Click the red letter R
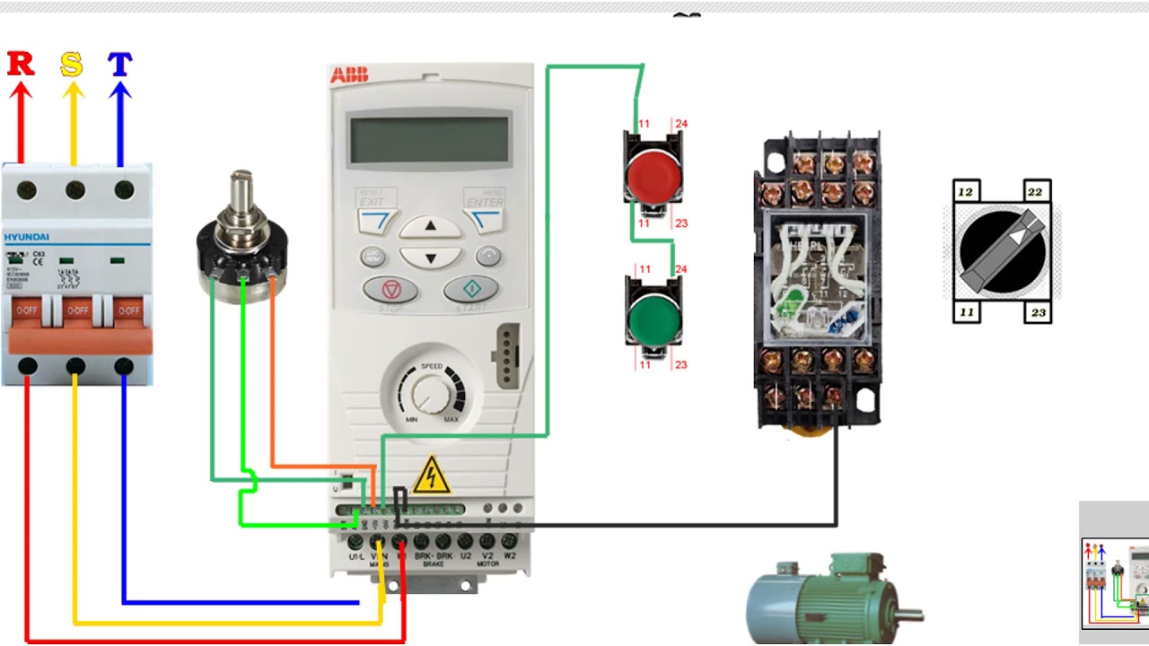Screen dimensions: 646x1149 point(21,65)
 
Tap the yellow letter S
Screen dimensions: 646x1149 point(72,65)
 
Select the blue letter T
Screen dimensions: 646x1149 point(120,65)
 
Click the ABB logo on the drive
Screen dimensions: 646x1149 point(349,75)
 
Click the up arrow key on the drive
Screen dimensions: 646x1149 point(430,227)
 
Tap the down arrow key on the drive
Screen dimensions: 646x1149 point(430,258)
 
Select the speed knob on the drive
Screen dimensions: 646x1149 point(429,393)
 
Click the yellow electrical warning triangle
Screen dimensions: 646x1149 point(432,476)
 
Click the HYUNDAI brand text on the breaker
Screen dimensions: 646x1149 point(27,238)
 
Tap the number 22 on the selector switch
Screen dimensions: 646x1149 point(1035,192)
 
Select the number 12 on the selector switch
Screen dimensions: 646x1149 point(965,192)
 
